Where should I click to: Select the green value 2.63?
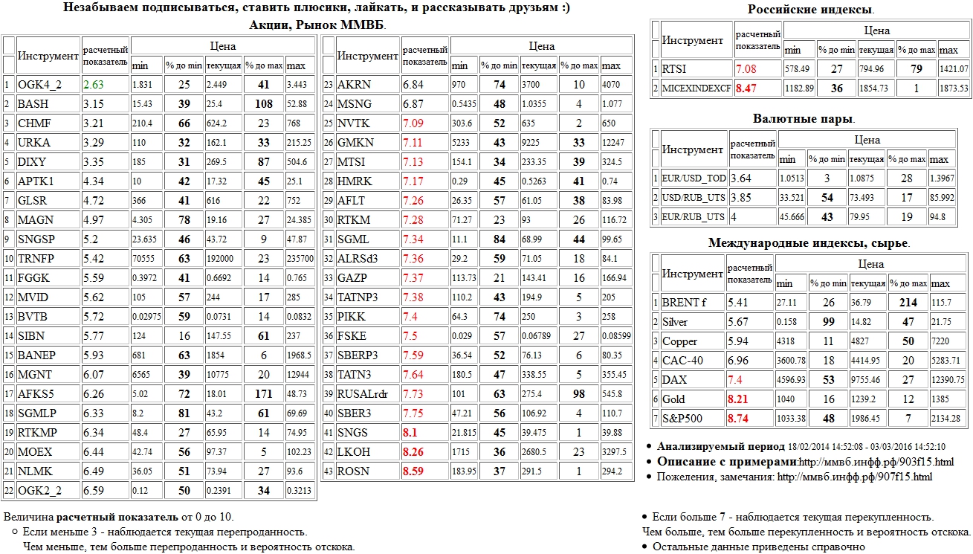pos(94,85)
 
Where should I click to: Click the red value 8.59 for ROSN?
pos(414,471)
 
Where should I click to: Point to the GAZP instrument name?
pos(353,277)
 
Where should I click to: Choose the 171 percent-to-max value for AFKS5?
pos(264,394)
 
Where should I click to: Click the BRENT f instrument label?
pos(680,303)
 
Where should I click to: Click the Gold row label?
pos(673,399)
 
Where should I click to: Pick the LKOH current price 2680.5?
pos(535,451)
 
